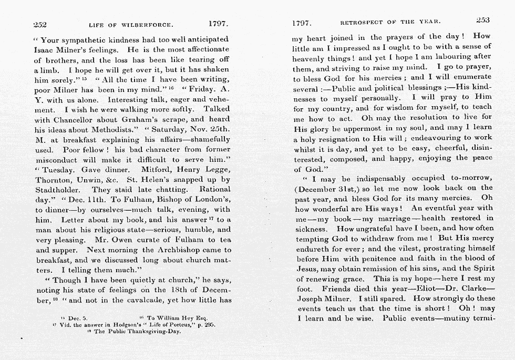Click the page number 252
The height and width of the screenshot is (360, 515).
[x=40, y=24]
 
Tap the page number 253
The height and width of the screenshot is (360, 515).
[x=482, y=20]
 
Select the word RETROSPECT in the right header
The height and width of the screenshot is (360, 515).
[x=363, y=23]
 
